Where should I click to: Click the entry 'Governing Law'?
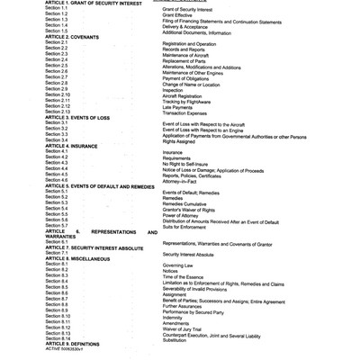pos(182,267)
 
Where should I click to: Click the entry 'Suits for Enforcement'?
pos(190,229)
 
